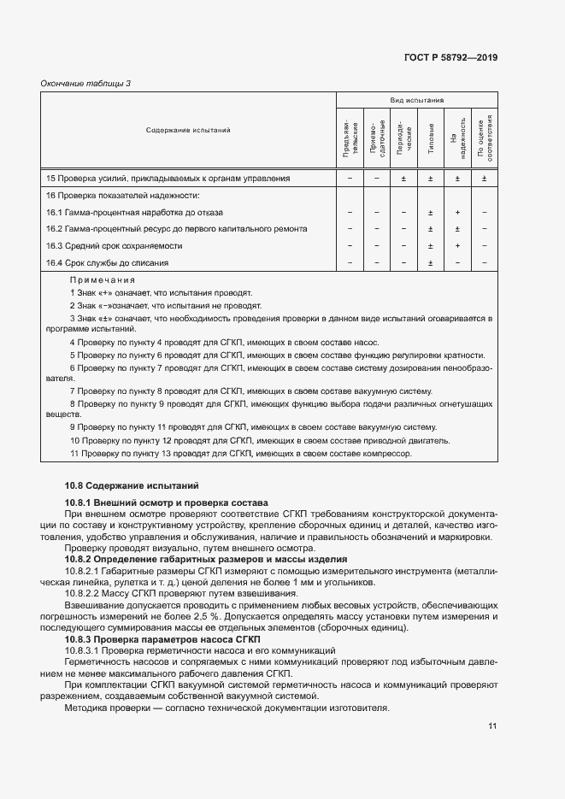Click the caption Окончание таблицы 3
(x=85, y=83)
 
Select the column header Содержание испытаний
(x=188, y=131)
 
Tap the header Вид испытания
(x=416, y=100)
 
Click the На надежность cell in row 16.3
(x=457, y=246)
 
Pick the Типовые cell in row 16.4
(x=431, y=262)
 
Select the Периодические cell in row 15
(x=403, y=179)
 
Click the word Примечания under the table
(x=103, y=279)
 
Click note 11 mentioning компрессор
(x=241, y=454)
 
